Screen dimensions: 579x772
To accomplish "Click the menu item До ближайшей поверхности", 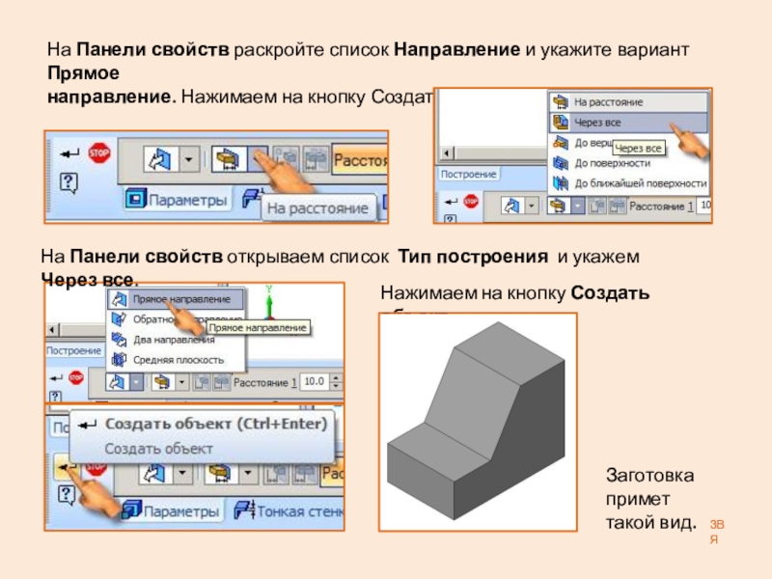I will (639, 182).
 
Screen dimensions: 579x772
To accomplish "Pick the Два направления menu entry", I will (174, 340).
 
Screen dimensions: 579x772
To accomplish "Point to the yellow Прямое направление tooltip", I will (257, 328).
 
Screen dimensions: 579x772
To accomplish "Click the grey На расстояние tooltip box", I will (318, 207).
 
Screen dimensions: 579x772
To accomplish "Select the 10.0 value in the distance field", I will (315, 382).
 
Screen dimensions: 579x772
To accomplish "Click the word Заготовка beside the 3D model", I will (649, 477).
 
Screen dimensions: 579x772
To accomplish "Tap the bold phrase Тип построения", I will (475, 259).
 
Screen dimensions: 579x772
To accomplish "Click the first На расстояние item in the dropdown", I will (608, 101).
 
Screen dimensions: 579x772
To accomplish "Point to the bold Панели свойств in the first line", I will (153, 48).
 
